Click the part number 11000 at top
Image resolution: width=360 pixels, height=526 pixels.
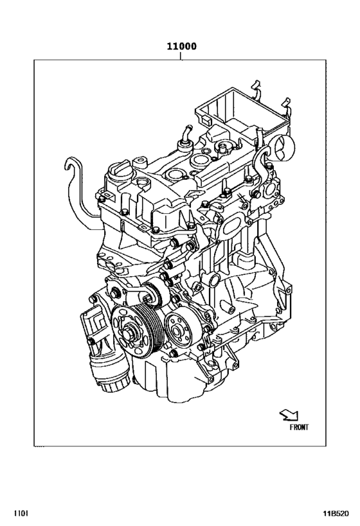tap(181, 46)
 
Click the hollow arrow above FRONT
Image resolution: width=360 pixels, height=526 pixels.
tap(287, 416)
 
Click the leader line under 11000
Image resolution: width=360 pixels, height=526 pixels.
tap(181, 56)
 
